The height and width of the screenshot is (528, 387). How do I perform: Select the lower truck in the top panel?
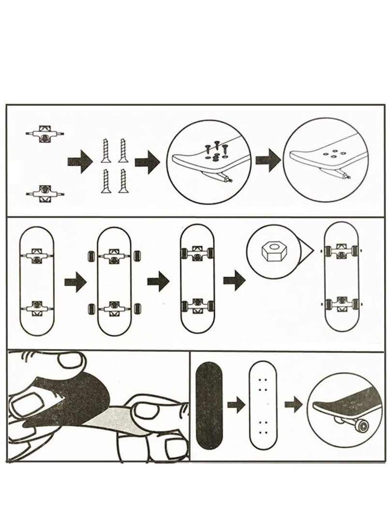coord(45,192)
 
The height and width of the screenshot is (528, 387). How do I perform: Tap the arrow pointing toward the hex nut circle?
coord(232,281)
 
